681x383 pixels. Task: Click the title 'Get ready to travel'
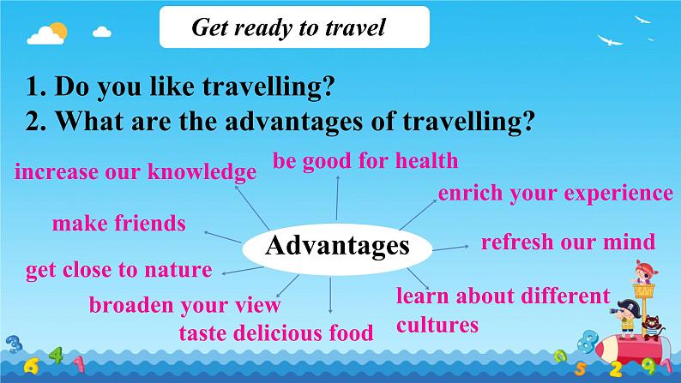pyautogui.click(x=288, y=28)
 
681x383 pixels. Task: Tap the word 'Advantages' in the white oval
pyautogui.click(x=337, y=246)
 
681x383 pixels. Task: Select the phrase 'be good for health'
pyautogui.click(x=365, y=162)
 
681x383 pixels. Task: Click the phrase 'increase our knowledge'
pyautogui.click(x=136, y=172)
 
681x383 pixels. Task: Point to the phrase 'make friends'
pyautogui.click(x=119, y=224)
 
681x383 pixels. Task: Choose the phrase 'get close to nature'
pyautogui.click(x=119, y=270)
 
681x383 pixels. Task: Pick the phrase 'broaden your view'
pyautogui.click(x=184, y=305)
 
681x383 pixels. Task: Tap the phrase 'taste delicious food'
pyautogui.click(x=276, y=333)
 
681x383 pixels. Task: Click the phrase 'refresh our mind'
pyautogui.click(x=568, y=242)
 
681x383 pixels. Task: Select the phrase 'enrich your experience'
pyautogui.click(x=556, y=194)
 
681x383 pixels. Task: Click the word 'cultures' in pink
pyautogui.click(x=437, y=326)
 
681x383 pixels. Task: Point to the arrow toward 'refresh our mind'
pyautogui.click(x=451, y=248)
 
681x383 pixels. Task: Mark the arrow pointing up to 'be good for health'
pyautogui.click(x=337, y=198)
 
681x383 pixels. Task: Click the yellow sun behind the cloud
pyautogui.click(x=59, y=30)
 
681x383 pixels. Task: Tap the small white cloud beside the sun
pyautogui.click(x=102, y=32)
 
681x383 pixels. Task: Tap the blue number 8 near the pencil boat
pyautogui.click(x=588, y=340)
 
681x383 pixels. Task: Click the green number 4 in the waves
pyautogui.click(x=57, y=355)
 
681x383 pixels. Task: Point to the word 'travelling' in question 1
pyautogui.click(x=268, y=86)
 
